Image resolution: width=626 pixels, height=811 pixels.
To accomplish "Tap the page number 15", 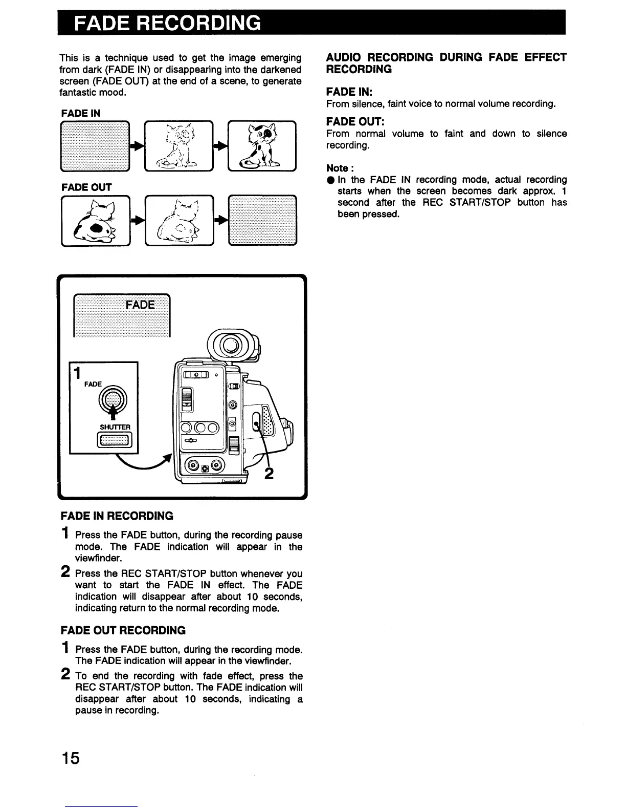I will [71, 757].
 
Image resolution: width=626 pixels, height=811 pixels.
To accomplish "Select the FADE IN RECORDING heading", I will [117, 516].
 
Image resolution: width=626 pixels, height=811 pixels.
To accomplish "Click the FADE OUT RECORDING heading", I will [123, 630].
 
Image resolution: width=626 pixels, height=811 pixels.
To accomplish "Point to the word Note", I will [338, 168].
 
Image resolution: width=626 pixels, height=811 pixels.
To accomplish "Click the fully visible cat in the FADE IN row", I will [262, 145].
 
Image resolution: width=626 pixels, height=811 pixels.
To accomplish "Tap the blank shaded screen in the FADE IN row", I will [95, 145].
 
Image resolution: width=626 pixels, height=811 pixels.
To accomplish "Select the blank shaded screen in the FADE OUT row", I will [263, 220].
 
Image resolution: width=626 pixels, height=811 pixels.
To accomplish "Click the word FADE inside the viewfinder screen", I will [140, 305].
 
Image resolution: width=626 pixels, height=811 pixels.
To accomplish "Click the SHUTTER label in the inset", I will [115, 427].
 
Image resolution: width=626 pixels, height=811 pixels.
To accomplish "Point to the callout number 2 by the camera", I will [269, 474].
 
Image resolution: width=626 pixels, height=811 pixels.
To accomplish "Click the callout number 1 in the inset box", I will [77, 372].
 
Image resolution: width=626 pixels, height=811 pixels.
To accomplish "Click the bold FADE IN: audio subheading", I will [349, 92].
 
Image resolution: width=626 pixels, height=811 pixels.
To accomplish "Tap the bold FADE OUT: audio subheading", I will [355, 121].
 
